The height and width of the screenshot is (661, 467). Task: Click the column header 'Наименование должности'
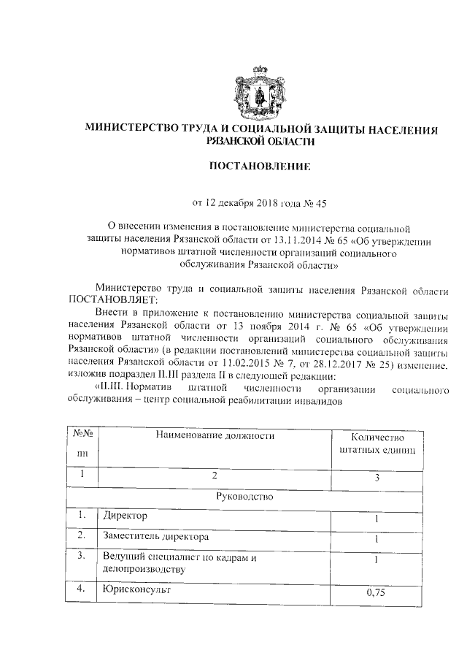coord(215,436)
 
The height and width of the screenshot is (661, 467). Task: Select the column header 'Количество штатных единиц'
coord(377,444)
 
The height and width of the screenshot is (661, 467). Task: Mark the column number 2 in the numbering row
coord(215,476)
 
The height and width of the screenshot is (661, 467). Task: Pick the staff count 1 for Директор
coord(377,519)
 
